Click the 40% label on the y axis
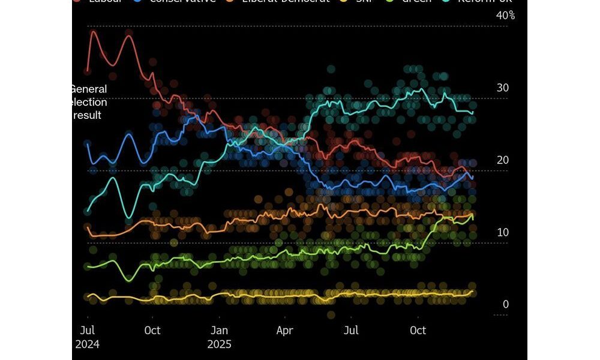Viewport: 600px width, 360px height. [x=505, y=16]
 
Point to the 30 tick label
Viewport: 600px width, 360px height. [x=503, y=88]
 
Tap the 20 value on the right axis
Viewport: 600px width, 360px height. [x=503, y=160]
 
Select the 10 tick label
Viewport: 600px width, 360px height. [x=503, y=232]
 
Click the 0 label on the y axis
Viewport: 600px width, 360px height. [x=506, y=304]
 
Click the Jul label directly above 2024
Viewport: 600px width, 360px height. [x=88, y=331]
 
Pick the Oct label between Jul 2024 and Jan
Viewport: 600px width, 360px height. [x=152, y=331]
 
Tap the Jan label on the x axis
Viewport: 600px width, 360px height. [x=220, y=331]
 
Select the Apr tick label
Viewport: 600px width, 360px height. [x=284, y=331]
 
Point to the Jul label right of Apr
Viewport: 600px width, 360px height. [x=351, y=331]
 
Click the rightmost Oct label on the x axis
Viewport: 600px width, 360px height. [x=418, y=331]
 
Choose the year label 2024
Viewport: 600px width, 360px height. [x=88, y=345]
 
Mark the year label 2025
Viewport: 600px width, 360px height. [x=220, y=345]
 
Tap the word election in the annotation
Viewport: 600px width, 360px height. [x=89, y=102]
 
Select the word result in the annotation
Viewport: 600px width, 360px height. [x=88, y=115]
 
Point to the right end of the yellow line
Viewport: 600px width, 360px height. [x=473, y=291]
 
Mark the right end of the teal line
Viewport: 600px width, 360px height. [x=473, y=112]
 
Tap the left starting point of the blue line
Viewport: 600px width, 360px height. [x=88, y=143]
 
